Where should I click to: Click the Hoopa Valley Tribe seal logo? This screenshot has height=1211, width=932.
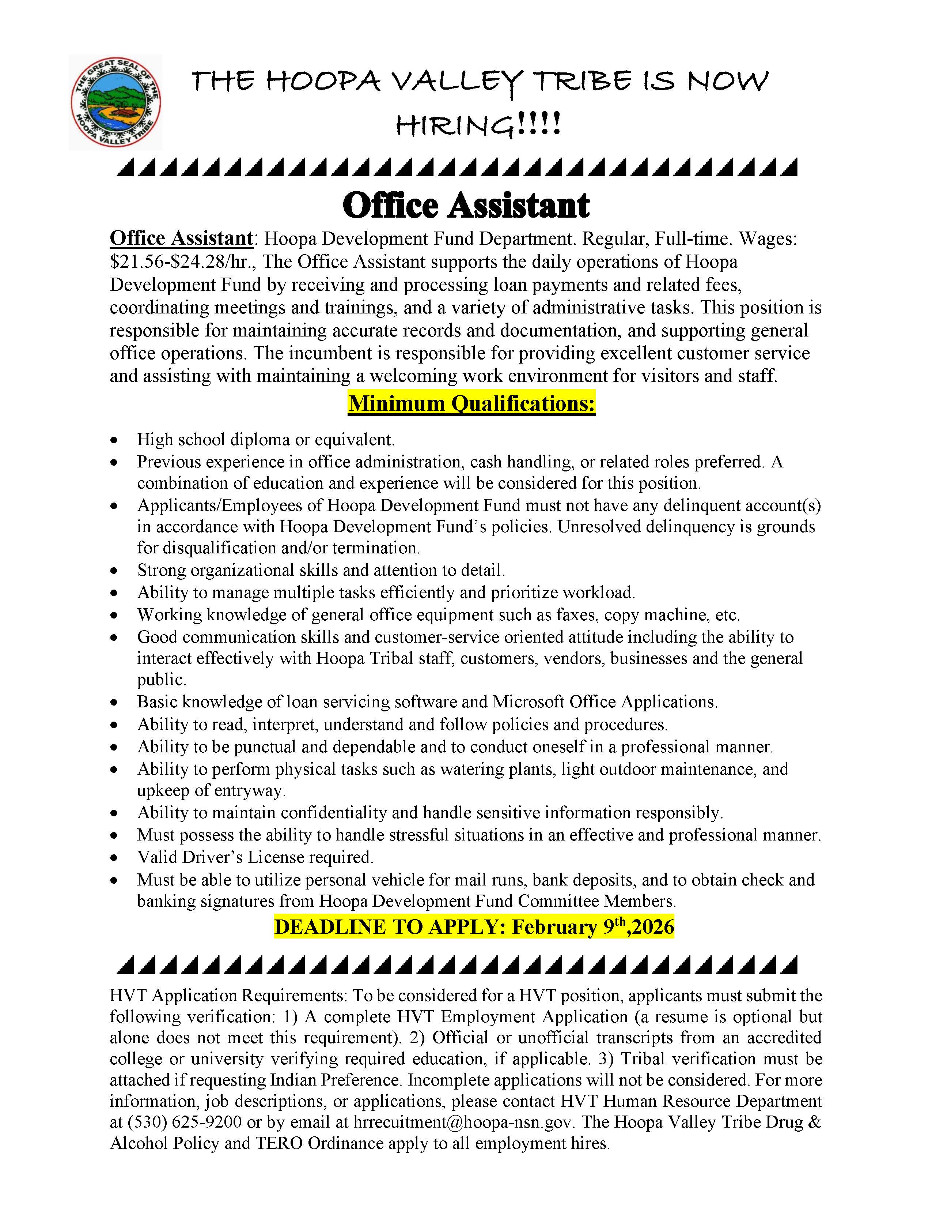(x=115, y=102)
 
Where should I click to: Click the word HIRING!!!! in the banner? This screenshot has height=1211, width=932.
(x=478, y=124)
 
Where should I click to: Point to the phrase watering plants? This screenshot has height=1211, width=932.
(x=497, y=770)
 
